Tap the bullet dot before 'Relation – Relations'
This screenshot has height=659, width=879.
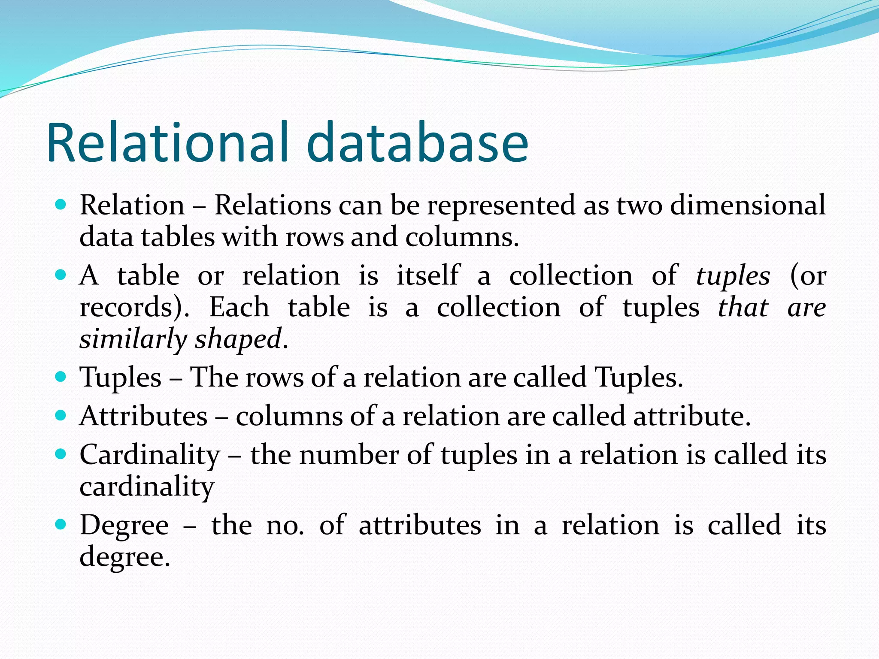(x=61, y=204)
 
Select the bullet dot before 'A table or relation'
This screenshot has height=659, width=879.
(x=61, y=275)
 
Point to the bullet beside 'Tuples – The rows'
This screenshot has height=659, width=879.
(x=61, y=377)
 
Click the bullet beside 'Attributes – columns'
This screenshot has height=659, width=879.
(x=61, y=415)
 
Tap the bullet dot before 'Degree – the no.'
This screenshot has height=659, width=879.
(x=61, y=524)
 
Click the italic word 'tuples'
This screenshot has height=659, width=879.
(x=733, y=276)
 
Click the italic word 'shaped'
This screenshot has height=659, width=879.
(x=238, y=339)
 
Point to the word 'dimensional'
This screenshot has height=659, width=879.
(x=748, y=205)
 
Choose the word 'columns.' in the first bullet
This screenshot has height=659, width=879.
(x=462, y=237)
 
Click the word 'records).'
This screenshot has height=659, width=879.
(x=134, y=308)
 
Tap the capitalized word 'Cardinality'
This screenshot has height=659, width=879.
(x=150, y=455)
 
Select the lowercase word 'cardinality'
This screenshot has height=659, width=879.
(x=147, y=487)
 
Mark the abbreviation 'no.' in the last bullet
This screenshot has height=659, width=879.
(x=285, y=525)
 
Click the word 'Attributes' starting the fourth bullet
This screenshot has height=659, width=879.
(x=144, y=416)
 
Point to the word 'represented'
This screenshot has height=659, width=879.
(x=501, y=205)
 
